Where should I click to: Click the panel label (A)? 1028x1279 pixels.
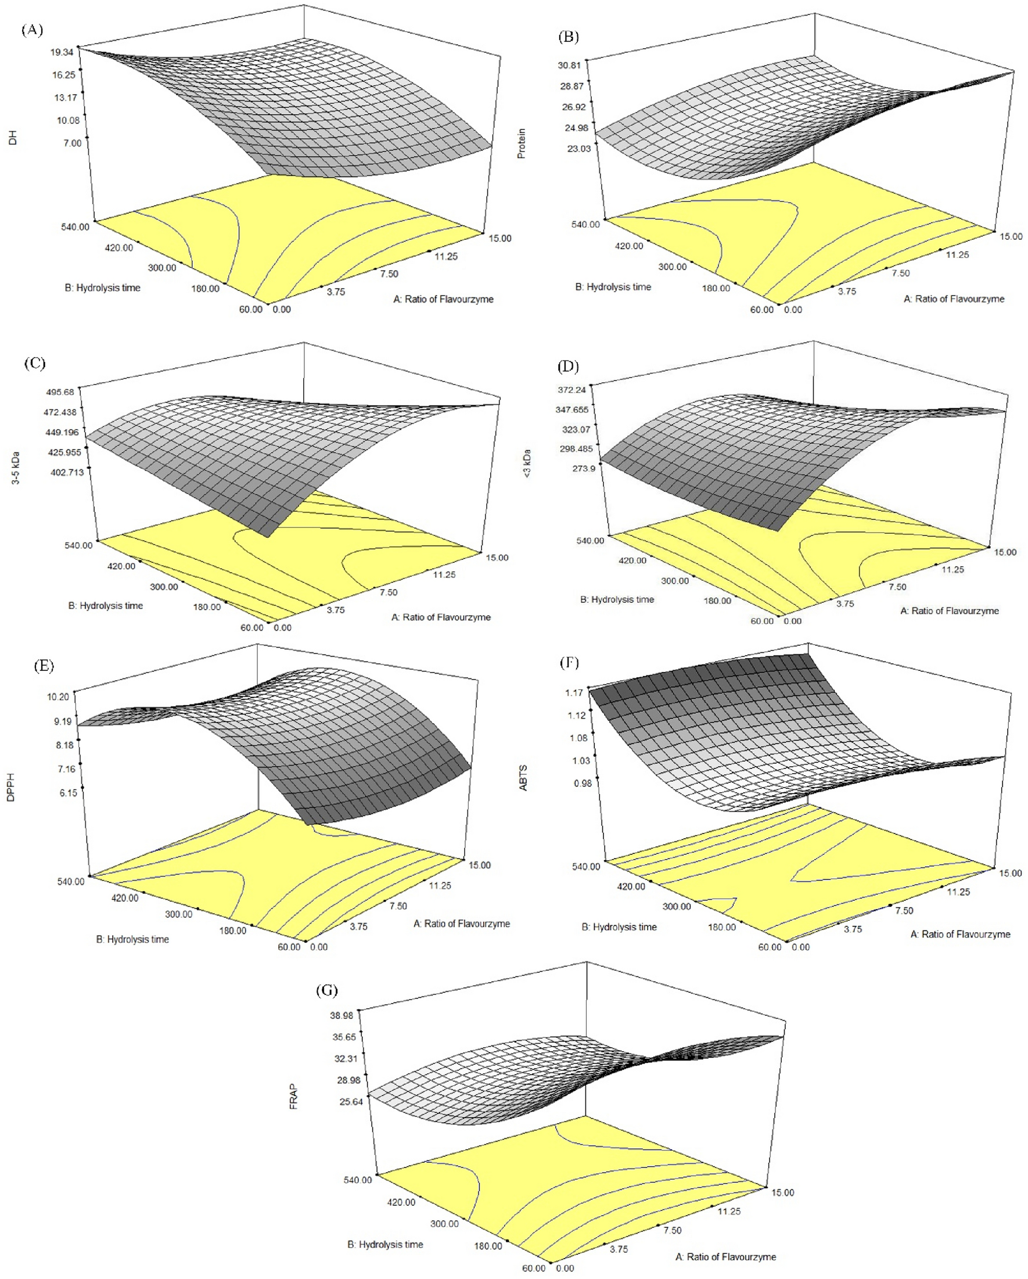[x=32, y=30]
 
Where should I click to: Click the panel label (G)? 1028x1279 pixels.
[x=327, y=990]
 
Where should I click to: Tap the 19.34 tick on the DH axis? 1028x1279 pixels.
[x=62, y=52]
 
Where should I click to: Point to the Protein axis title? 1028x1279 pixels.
[x=522, y=143]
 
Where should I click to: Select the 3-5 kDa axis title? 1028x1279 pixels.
[x=16, y=468]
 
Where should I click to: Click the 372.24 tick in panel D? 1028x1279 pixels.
[x=571, y=390]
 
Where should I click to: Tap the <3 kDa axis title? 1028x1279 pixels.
[x=527, y=464]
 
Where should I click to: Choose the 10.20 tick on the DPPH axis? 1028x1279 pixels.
[x=58, y=696]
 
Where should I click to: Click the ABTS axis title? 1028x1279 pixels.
[x=523, y=778]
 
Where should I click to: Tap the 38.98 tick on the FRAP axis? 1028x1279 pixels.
[x=342, y=1015]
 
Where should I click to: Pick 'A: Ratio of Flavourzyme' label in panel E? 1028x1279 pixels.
[x=462, y=924]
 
